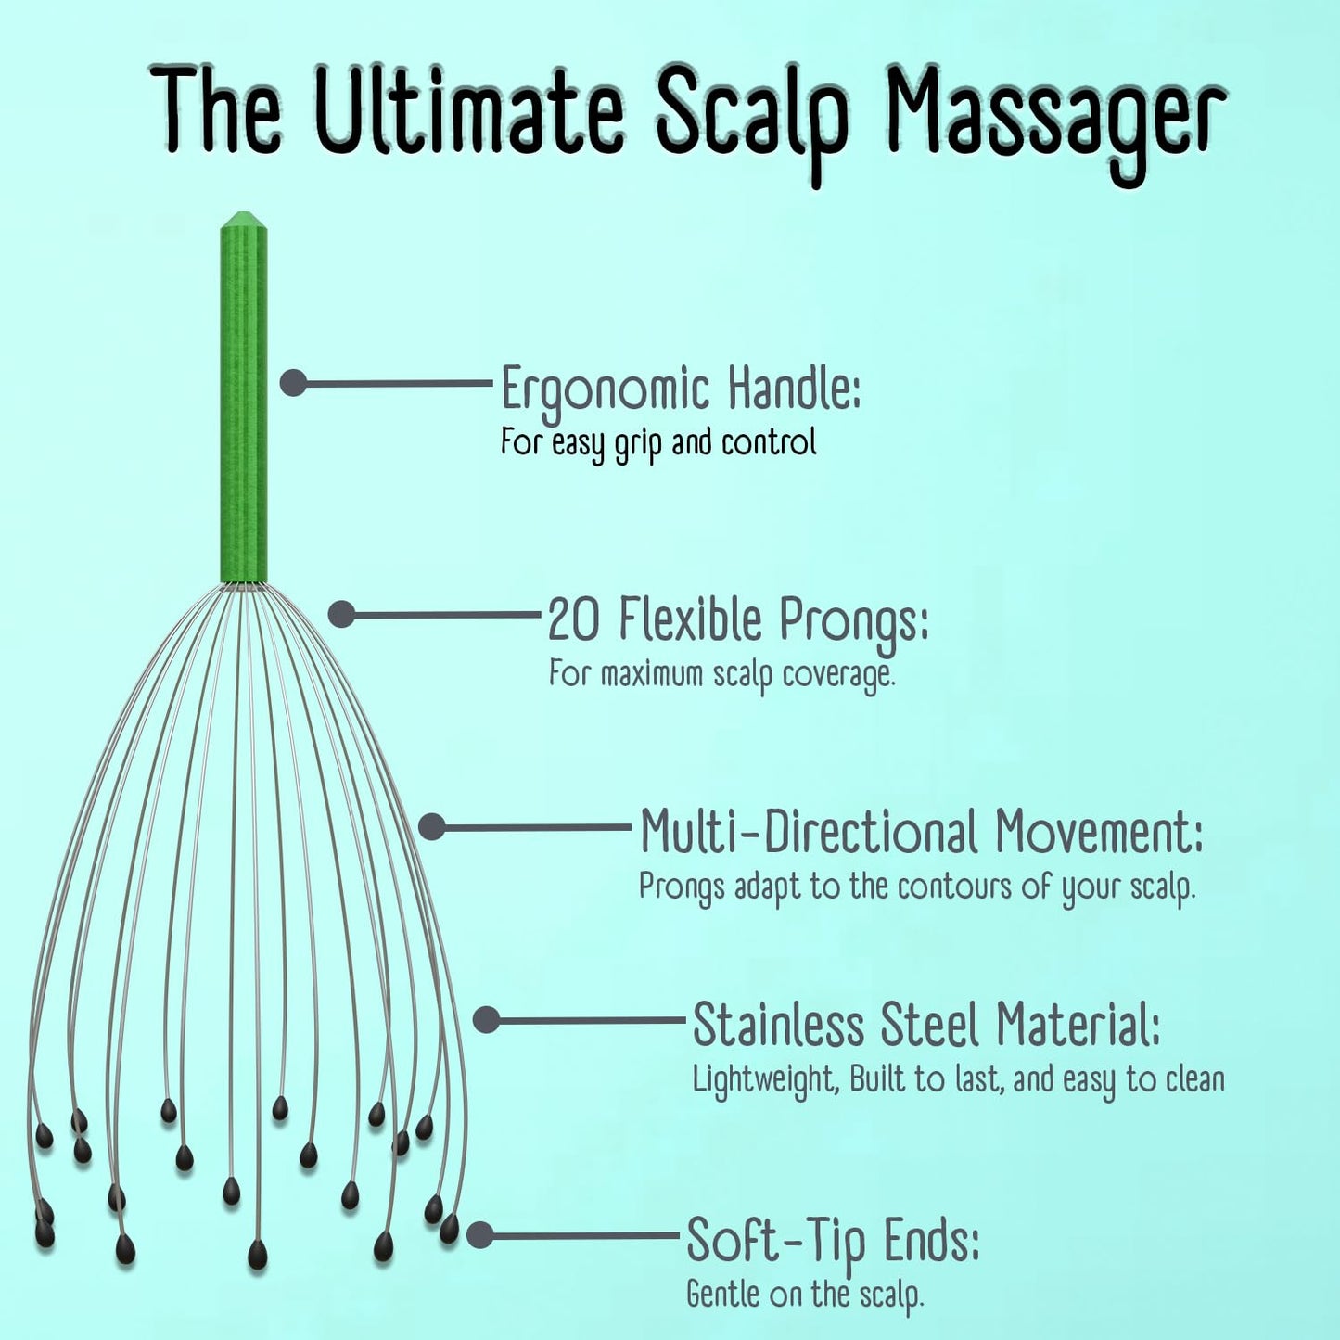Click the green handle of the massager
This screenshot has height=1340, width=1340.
coord(244,399)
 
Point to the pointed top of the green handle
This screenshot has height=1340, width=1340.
coord(244,213)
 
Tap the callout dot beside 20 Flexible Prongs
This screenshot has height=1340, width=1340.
coord(341,613)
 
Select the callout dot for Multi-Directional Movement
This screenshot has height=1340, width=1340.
coord(432,826)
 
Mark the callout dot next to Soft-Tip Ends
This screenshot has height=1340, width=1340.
coord(479,1235)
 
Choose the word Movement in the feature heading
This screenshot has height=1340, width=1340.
coord(1098,833)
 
